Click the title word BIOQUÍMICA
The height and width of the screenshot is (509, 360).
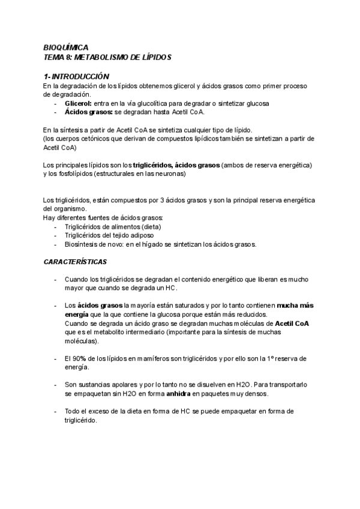tap(65, 47)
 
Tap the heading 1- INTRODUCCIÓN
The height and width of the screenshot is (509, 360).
tap(76, 77)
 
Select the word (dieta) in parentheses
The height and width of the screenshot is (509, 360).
tap(148, 227)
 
